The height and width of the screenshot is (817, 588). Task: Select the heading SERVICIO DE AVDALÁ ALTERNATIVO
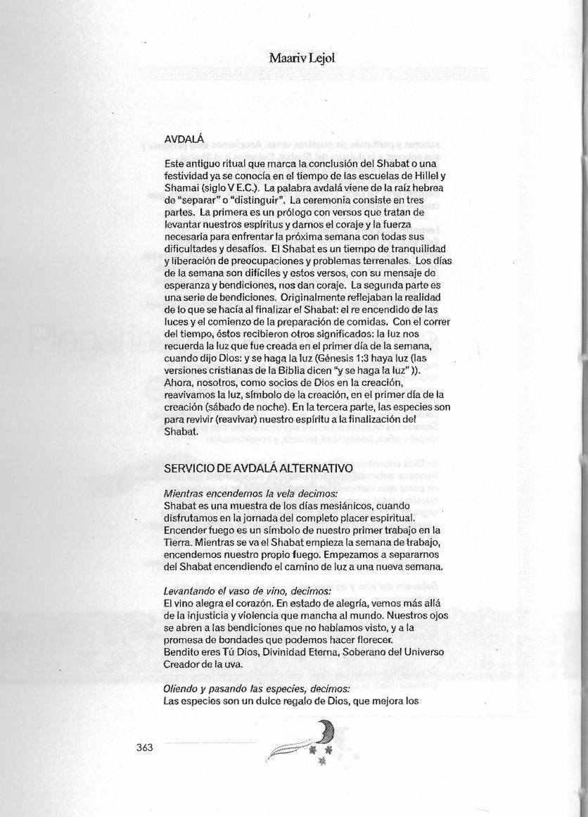click(x=257, y=468)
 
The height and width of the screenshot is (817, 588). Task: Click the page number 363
click(x=145, y=747)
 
